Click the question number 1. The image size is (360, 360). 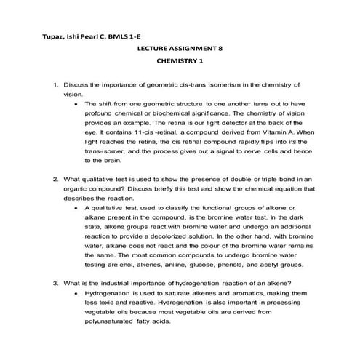[56, 86]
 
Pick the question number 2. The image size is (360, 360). [56, 178]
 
